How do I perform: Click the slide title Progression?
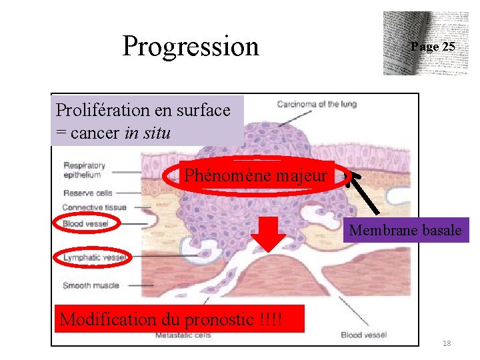[191, 46]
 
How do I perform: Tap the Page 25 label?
[433, 47]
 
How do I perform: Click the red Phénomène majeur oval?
[256, 176]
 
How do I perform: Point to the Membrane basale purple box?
[405, 231]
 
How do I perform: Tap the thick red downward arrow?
[268, 233]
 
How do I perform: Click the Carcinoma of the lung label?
[317, 103]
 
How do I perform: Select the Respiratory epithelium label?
[84, 170]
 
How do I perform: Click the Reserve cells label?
[87, 193]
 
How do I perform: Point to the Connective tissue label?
[94, 207]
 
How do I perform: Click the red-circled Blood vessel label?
[85, 224]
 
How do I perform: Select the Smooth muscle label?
[91, 285]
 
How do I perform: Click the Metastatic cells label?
[183, 335]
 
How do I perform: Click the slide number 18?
[446, 343]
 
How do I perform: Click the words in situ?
[147, 133]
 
